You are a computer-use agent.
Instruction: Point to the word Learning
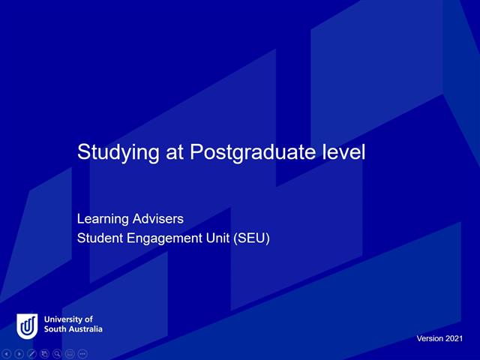[x=102, y=220]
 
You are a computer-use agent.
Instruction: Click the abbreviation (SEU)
[x=250, y=239]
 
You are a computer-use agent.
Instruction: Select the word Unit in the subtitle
[x=214, y=239]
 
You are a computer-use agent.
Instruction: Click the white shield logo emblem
[x=27, y=325]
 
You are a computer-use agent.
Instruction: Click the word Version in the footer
[x=430, y=339]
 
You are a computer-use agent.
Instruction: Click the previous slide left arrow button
[x=7, y=353]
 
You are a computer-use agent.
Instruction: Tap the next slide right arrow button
[x=19, y=353]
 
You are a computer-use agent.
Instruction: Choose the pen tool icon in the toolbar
[x=32, y=353]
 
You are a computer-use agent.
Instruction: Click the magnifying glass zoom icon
[x=57, y=353]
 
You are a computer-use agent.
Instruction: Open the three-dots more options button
[x=82, y=353]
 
